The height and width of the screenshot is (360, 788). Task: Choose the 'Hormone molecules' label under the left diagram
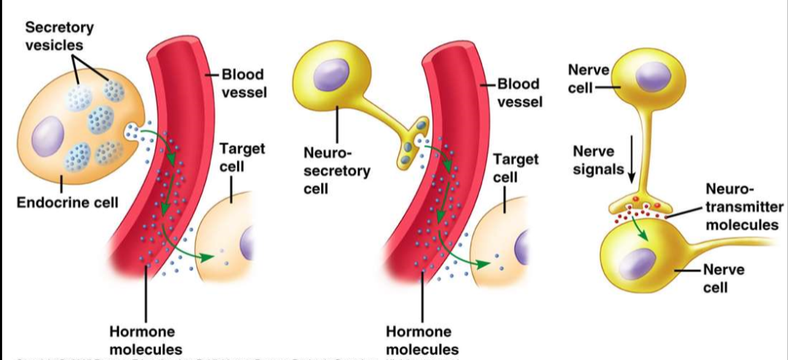pyautogui.click(x=146, y=340)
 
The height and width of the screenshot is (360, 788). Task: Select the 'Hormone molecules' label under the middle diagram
pyautogui.click(x=422, y=340)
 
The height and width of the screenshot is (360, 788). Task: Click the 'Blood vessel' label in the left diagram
pyautogui.click(x=244, y=84)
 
